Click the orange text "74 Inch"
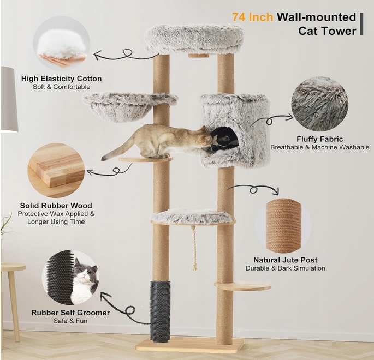253,17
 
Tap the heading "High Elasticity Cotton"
62,79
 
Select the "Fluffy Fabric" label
319,139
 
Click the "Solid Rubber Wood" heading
56,206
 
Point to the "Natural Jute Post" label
285,260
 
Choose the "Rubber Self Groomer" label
70,313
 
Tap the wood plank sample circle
56,170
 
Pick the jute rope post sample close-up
284,226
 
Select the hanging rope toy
194,248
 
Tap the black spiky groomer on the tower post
161,311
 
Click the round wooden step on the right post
242,285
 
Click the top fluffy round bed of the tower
194,39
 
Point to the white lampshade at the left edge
9,99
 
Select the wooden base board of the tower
189,345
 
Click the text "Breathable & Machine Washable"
319,147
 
